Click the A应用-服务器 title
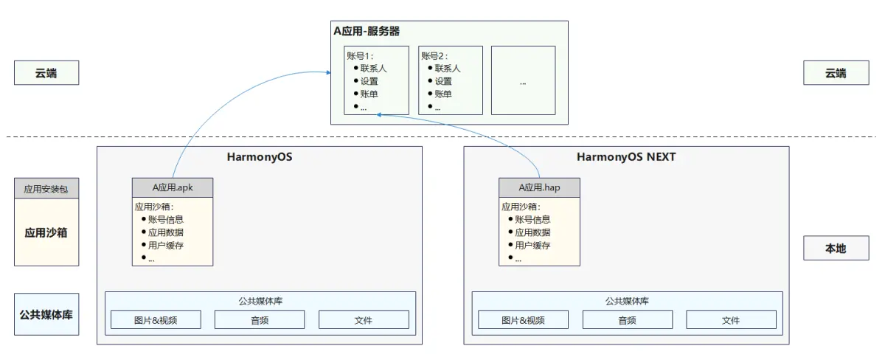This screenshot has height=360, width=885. tap(367, 32)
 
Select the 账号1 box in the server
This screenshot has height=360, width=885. tap(375, 80)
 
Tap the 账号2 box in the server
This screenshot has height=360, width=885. tap(450, 80)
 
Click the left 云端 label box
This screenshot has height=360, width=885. tap(46, 73)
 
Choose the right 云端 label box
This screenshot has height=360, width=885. tap(836, 73)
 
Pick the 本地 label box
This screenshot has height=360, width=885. tap(836, 249)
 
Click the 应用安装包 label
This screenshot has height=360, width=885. tap(46, 189)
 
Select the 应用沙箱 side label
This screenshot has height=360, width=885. tap(46, 232)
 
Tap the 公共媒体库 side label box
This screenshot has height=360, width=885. tap(46, 314)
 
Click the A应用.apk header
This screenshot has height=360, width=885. tap(173, 187)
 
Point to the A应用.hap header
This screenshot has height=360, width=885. tap(539, 187)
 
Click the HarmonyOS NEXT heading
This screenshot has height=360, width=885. tap(625, 157)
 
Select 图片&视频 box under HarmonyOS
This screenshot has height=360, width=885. tap(156, 319)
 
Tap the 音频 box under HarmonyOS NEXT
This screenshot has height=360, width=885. tap(627, 319)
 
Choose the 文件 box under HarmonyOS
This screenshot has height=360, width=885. tap(364, 319)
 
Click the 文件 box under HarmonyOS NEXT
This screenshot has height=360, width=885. tap(731, 319)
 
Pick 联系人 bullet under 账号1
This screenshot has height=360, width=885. tap(373, 68)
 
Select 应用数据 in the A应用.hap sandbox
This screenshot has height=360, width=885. tap(532, 232)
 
